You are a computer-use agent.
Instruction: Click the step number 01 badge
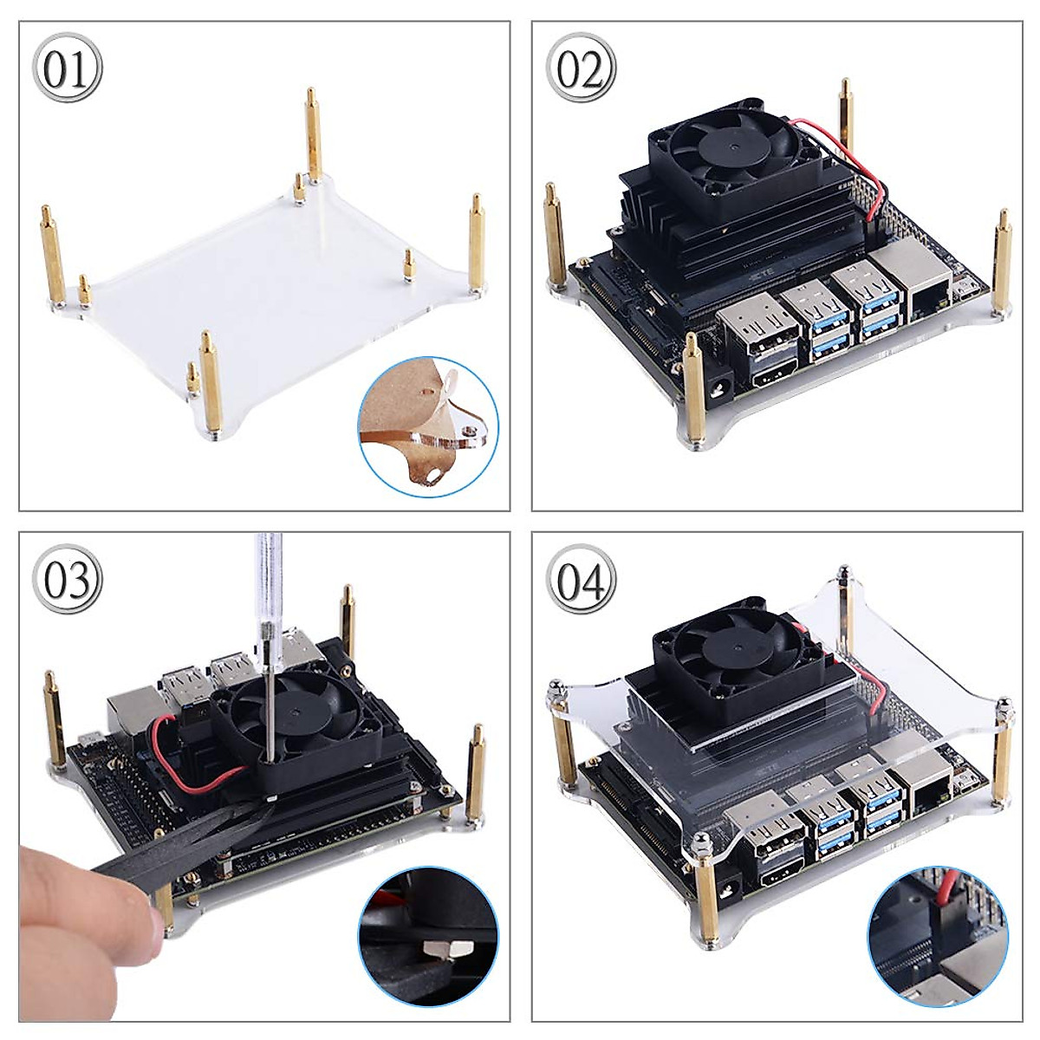pyautogui.click(x=68, y=69)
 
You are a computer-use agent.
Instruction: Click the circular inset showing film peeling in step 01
pyautogui.click(x=428, y=428)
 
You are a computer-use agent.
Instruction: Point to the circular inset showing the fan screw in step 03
pyautogui.click(x=428, y=939)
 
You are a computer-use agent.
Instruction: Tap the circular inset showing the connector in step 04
pyautogui.click(x=939, y=939)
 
